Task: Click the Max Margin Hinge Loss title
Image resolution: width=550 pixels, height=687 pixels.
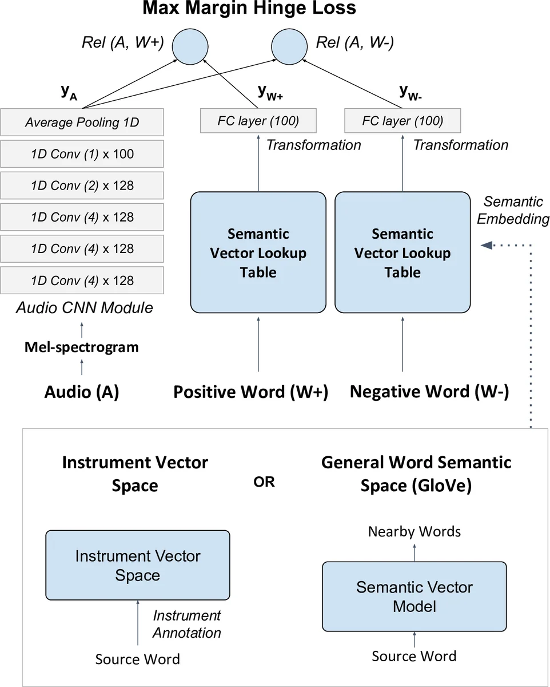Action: point(249,9)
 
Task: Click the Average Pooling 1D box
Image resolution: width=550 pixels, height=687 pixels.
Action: point(82,123)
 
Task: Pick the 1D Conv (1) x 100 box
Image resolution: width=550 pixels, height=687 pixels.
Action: point(82,154)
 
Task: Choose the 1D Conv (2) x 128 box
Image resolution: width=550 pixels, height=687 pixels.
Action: point(82,185)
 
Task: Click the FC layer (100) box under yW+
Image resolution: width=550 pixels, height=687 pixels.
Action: point(258,121)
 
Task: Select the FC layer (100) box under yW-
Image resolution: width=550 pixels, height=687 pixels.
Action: point(402,121)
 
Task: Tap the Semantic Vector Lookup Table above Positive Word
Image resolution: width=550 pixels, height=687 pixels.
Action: point(258,252)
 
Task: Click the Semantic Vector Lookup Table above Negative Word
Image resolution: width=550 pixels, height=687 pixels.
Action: point(402,252)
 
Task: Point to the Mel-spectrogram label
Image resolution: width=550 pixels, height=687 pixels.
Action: point(81,347)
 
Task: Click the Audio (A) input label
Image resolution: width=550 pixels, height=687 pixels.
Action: point(81,392)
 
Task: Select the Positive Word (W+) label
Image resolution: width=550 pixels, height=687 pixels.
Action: point(250,392)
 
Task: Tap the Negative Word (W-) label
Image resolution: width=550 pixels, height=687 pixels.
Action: point(429,392)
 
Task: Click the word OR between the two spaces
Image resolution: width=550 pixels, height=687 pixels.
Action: point(264,482)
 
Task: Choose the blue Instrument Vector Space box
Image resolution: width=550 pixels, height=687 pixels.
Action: point(137,565)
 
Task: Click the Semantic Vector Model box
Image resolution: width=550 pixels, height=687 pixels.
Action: point(414,596)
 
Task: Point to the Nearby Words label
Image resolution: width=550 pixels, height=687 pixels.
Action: point(414,532)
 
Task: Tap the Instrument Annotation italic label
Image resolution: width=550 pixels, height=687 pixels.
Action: point(186,624)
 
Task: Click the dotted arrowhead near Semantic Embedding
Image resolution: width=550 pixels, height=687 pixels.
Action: point(487,245)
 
